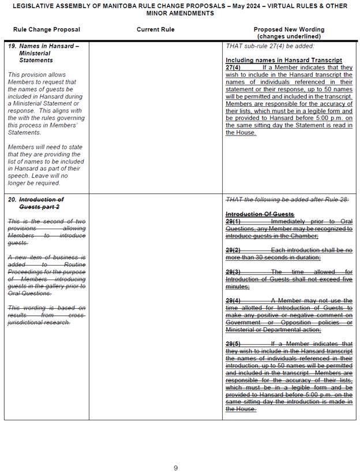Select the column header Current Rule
[x=155, y=29]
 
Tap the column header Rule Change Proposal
[x=47, y=29]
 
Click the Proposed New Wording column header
[x=288, y=29]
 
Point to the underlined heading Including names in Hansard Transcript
[x=284, y=60]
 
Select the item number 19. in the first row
[x=12, y=46]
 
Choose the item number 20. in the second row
[x=12, y=200]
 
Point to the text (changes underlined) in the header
[x=288, y=36]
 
